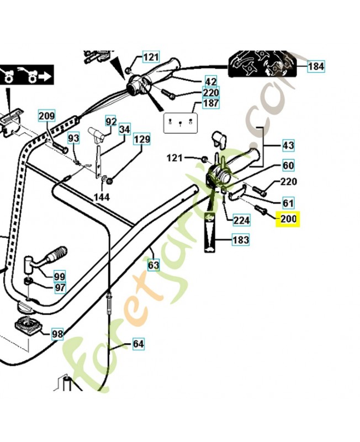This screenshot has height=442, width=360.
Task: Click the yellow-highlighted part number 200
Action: tap(288, 219)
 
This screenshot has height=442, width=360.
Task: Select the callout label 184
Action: tap(316, 66)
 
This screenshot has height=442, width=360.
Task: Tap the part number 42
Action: tap(211, 81)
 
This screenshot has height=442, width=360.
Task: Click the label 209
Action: tap(47, 116)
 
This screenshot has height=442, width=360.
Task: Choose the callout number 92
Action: tap(111, 121)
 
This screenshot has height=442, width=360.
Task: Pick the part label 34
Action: tap(125, 130)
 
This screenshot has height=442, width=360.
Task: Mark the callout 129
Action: tap(142, 140)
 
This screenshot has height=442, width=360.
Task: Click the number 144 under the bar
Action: tap(102, 197)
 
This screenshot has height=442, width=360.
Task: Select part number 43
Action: tap(288, 145)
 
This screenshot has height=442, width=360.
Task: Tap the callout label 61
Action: tap(288, 203)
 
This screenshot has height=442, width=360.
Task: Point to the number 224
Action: tap(241, 220)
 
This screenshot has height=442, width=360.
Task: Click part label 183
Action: tap(241, 240)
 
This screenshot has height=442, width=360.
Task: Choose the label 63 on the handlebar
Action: tap(153, 265)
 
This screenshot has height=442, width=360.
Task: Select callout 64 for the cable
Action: tap(138, 344)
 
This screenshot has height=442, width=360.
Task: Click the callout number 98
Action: tap(57, 334)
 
